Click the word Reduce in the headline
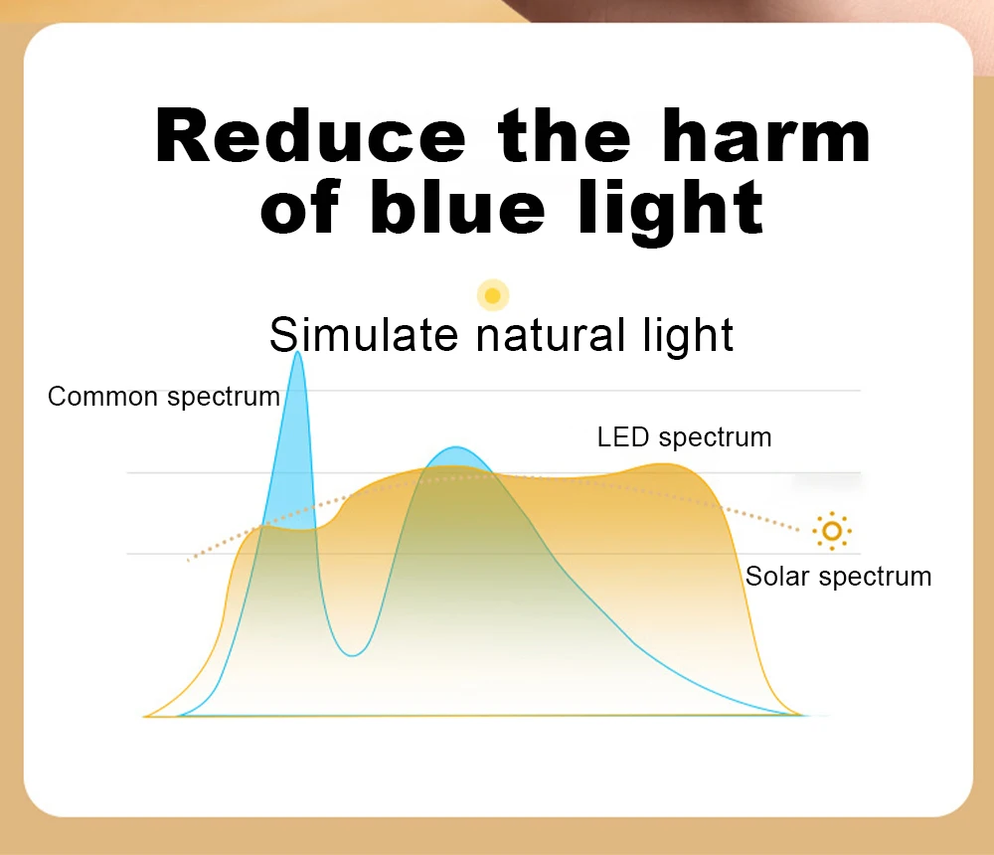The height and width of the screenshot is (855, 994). coord(310,135)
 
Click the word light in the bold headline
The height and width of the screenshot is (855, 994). coord(671,211)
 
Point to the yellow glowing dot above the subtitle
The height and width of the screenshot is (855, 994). coord(493,295)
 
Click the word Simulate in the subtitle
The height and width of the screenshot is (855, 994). coord(364,334)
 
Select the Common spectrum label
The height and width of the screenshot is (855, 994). coord(164,397)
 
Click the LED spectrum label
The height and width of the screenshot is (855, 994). coord(685,437)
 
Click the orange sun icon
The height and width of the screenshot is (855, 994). coord(832,530)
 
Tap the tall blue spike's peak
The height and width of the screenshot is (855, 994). coord(298,353)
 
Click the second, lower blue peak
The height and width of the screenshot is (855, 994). coord(456,448)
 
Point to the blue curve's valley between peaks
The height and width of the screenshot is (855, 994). coord(353,654)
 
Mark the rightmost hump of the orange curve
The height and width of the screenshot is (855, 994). coord(666,465)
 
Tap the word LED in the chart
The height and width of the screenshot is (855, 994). coord(623,437)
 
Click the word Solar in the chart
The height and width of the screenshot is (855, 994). coord(778,576)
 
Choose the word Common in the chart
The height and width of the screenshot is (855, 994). coord(102,397)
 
